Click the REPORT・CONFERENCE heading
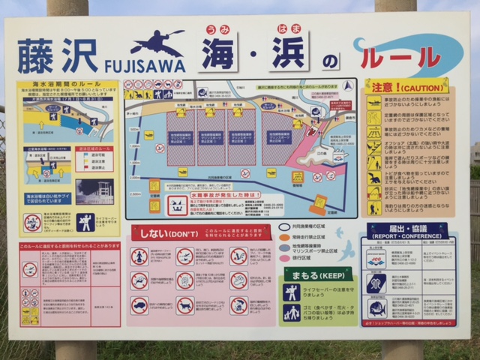(408, 230)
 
